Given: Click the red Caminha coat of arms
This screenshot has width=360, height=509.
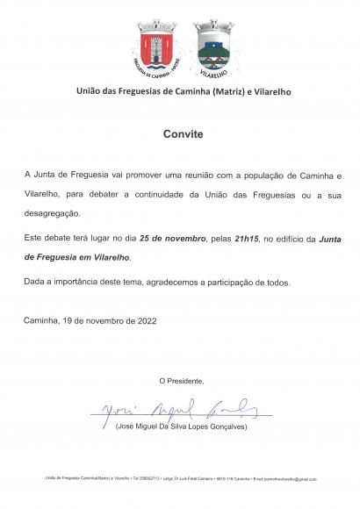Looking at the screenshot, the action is pos(155,46).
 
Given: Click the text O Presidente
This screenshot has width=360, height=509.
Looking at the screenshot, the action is pos(182,380).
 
